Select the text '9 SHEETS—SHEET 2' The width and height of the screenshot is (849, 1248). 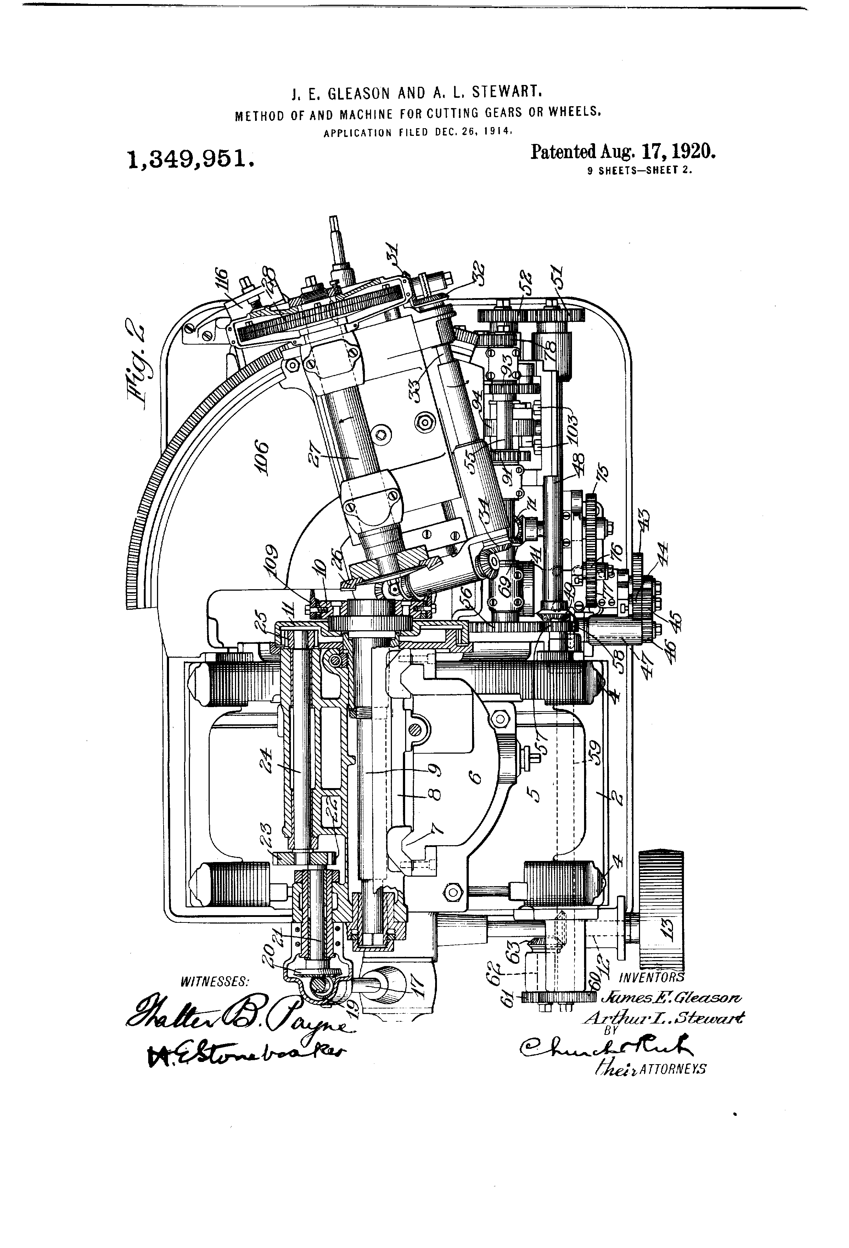pos(640,171)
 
